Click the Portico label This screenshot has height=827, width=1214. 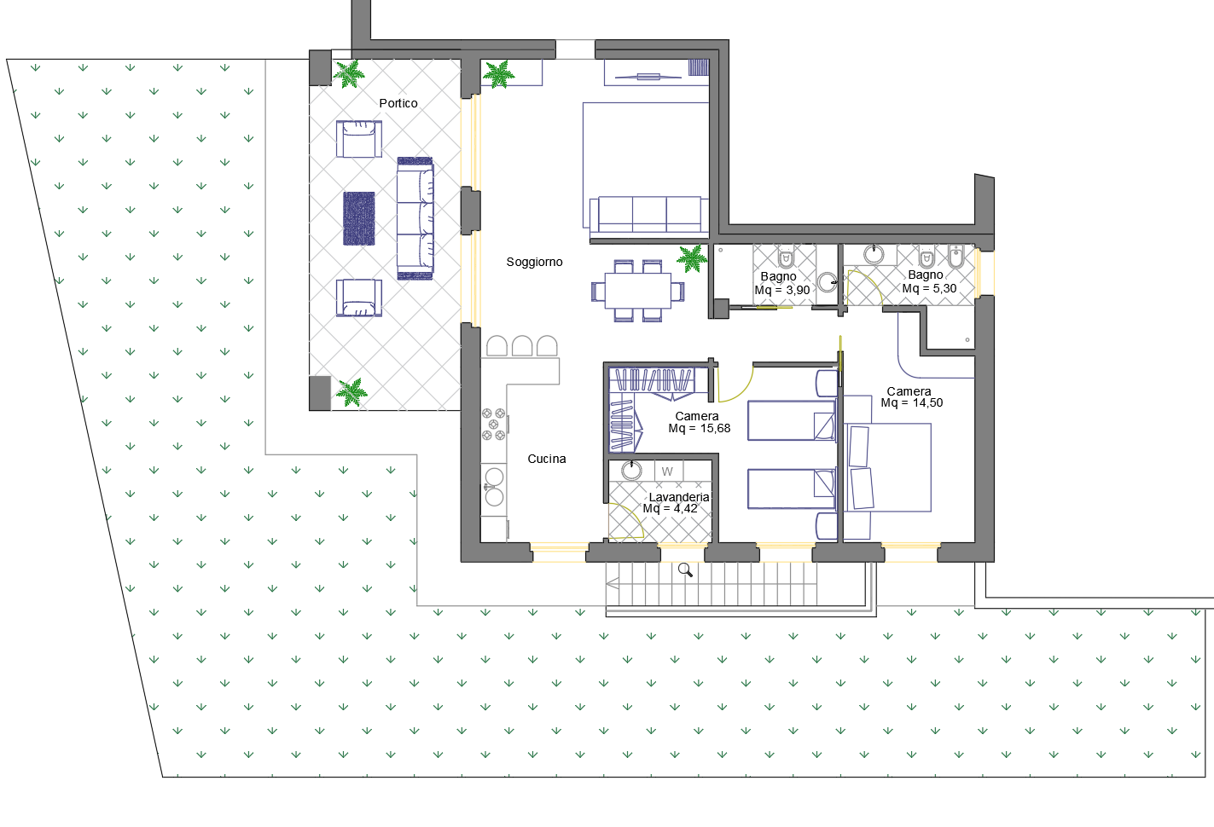coord(398,103)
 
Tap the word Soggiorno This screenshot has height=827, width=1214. coord(534,262)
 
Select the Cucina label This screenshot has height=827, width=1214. coord(546,459)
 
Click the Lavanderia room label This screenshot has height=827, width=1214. coord(678,497)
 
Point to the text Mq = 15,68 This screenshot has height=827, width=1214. coord(699,428)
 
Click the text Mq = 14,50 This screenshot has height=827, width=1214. coord(912,403)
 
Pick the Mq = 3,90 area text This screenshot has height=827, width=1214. coord(782,290)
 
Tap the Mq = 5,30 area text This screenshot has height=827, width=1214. coord(929,289)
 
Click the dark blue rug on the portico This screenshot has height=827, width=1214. coord(359,218)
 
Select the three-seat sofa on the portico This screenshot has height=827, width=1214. coord(415,218)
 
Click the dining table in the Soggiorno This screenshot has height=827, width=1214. coord(638,291)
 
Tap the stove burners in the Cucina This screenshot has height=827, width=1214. coord(494,424)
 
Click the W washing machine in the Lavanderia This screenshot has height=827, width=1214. coord(668,471)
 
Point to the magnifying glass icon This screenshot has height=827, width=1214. coord(685,570)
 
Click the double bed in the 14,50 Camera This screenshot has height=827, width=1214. coord(888,467)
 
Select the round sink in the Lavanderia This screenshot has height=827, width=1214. coord(631,470)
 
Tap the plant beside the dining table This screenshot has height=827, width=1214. coord(692,258)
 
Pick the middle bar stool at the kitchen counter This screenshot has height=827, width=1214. coord(522,346)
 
